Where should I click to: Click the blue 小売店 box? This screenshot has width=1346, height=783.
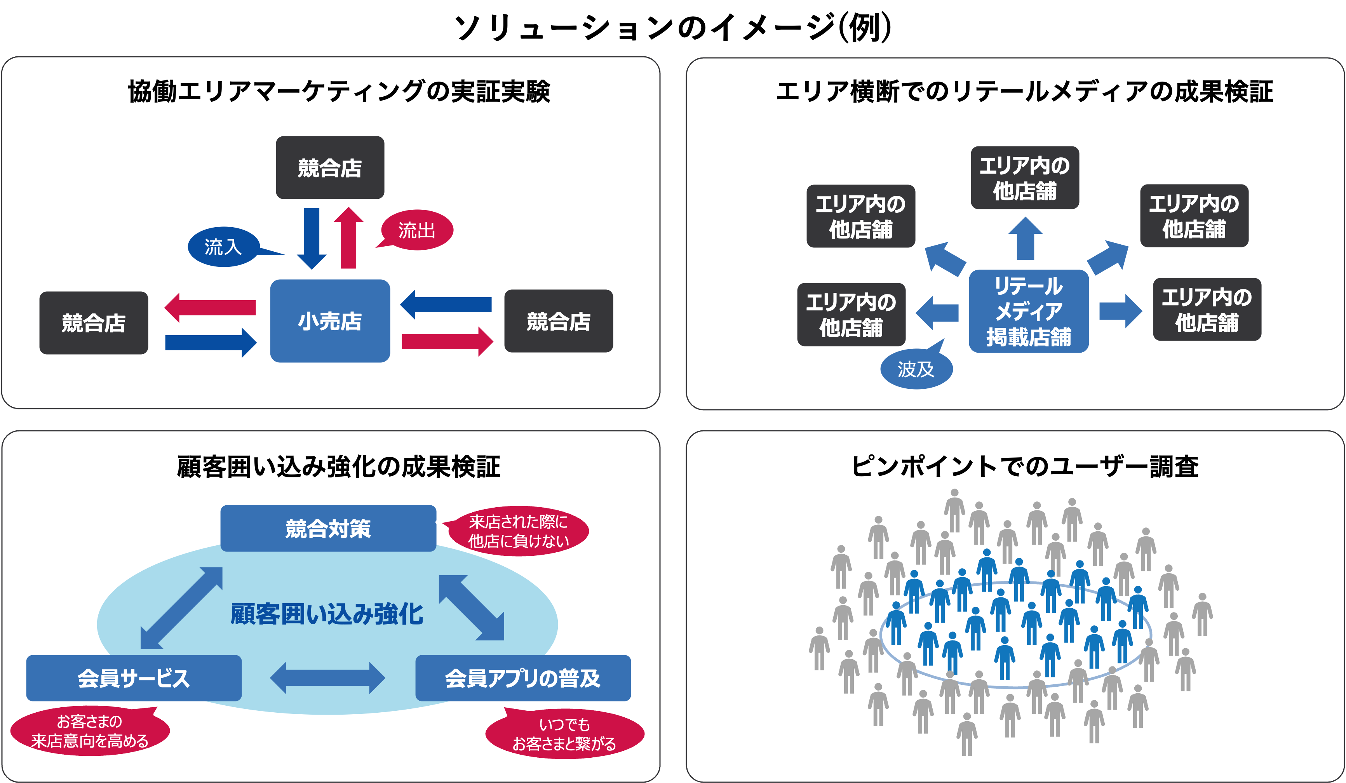click(x=329, y=321)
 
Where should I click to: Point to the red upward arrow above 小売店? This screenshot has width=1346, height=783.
click(x=348, y=238)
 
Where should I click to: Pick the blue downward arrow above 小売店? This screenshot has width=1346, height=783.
click(x=312, y=238)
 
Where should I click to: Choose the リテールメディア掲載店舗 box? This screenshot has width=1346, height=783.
click(x=1028, y=311)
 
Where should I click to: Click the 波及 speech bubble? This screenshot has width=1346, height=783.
click(x=916, y=369)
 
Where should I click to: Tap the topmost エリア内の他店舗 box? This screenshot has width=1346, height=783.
click(x=1024, y=178)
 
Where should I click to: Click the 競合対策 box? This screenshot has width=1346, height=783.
click(x=328, y=528)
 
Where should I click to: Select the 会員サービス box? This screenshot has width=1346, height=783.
click(x=134, y=678)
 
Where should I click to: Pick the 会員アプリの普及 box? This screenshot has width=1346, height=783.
click(x=522, y=678)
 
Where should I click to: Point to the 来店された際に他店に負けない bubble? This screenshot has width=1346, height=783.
click(x=518, y=531)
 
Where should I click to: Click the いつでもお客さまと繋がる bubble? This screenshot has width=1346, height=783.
click(x=564, y=734)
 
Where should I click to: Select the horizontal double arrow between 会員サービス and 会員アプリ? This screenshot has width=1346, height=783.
click(x=327, y=678)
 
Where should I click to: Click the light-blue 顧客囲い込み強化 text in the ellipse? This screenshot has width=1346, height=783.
click(x=327, y=614)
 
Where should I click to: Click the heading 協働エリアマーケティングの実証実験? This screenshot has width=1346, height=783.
click(x=339, y=91)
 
